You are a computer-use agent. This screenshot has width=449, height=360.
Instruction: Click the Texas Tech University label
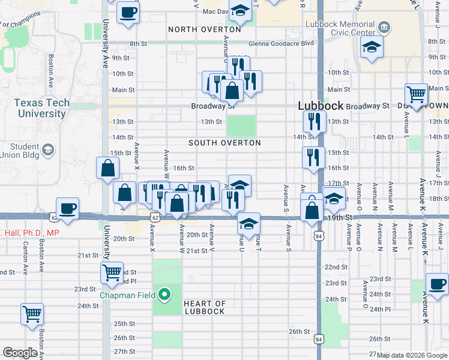click(x=42, y=108)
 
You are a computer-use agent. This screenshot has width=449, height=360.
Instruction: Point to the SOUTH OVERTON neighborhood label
click(x=224, y=143)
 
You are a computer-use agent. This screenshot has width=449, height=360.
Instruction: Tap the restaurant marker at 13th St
click(x=314, y=122)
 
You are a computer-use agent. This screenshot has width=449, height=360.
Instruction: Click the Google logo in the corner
click(x=19, y=353)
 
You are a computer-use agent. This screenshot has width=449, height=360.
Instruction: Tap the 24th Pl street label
click(x=380, y=309)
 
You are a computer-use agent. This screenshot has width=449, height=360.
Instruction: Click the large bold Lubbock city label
click(x=321, y=106)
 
